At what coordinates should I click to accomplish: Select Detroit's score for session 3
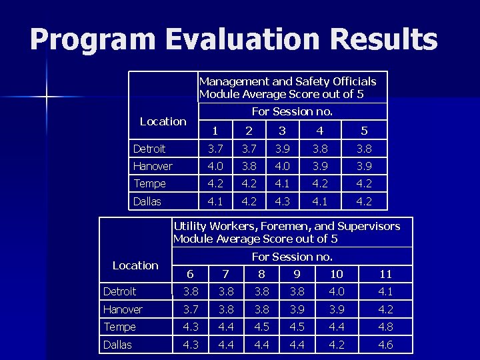pyautogui.click(x=282, y=149)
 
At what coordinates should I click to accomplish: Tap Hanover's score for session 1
pyautogui.click(x=215, y=166)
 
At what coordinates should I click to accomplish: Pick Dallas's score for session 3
pyautogui.click(x=282, y=201)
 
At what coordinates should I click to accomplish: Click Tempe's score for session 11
pyautogui.click(x=385, y=327)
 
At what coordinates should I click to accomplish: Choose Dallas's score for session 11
pyautogui.click(x=385, y=345)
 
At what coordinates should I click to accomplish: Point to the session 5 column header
pyautogui.click(x=364, y=131)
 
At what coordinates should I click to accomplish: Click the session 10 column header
pyautogui.click(x=337, y=274)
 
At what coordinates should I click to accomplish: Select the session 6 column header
pyautogui.click(x=191, y=274)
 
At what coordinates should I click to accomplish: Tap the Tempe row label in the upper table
pyautogui.click(x=149, y=183)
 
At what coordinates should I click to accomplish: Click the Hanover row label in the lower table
pyautogui.click(x=123, y=309)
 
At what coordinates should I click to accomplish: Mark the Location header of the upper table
pyautogui.click(x=163, y=121)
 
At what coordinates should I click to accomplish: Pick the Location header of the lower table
pyautogui.click(x=135, y=265)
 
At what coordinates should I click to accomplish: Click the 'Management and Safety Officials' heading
pyautogui.click(x=287, y=81)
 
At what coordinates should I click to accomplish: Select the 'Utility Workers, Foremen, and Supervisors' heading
pyautogui.click(x=287, y=226)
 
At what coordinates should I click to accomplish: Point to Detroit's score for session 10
pyautogui.click(x=337, y=291)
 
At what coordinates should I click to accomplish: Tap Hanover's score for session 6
pyautogui.click(x=191, y=309)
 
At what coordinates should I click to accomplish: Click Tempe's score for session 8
pyautogui.click(x=261, y=327)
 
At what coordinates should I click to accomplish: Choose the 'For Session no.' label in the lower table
pyautogui.click(x=292, y=257)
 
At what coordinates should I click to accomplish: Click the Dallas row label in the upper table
pyautogui.click(x=147, y=201)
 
